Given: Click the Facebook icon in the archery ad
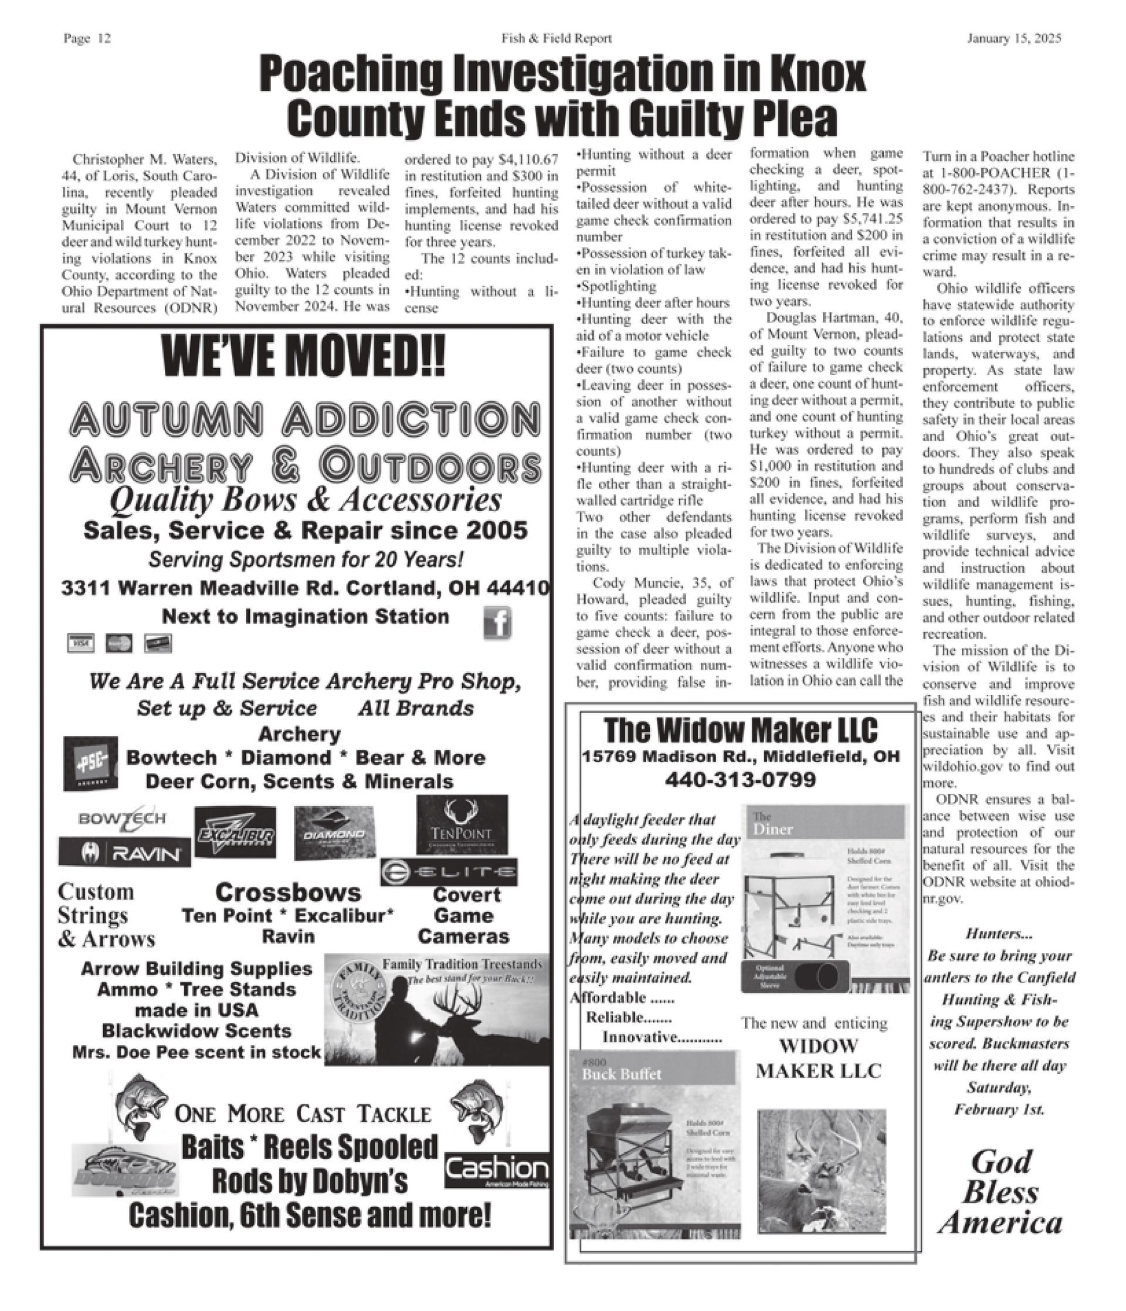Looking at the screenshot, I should click(x=497, y=624).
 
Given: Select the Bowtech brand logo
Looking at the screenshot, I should click(x=122, y=818).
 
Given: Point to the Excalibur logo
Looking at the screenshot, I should click(x=235, y=832).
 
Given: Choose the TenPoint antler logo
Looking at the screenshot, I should click(x=462, y=824).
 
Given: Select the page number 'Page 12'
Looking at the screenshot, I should click(x=87, y=39).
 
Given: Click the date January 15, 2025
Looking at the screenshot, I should click(x=1014, y=39).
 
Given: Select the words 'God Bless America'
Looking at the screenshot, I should click(x=1000, y=1192).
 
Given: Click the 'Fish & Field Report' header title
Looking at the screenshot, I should click(x=557, y=39).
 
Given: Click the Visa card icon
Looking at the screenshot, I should click(x=80, y=643).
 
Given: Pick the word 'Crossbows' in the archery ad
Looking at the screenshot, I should click(x=288, y=893).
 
